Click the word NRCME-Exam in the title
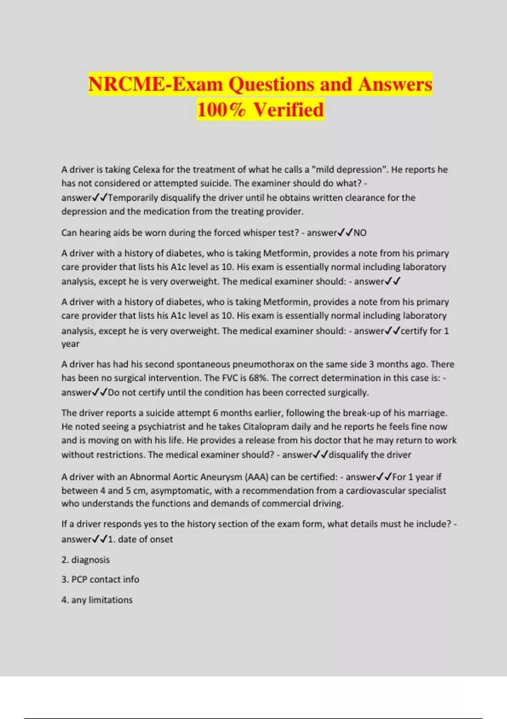tap(155, 84)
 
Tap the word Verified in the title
tap(289, 110)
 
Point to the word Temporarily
tap(133, 198)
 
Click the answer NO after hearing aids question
tap(360, 233)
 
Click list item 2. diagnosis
tap(85, 560)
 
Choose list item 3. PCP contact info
tap(100, 579)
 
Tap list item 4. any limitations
tap(97, 600)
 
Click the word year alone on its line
tap(70, 344)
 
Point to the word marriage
tap(427, 413)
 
